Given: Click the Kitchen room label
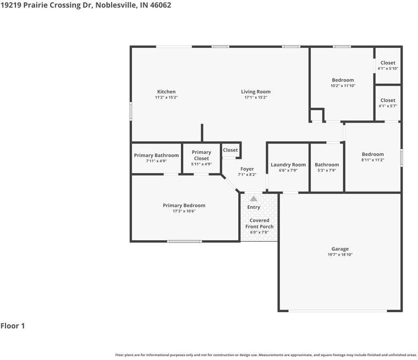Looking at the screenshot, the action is pos(166,92).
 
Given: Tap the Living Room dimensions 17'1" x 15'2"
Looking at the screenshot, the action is pos(256,97).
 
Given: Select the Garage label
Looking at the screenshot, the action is pos(340,249).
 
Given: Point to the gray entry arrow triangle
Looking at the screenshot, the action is pos(254,198).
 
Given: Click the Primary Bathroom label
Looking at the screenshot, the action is pos(156,156).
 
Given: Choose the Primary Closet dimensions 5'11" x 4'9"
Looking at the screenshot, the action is pos(201,164).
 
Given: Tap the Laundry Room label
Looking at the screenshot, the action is pos(288,165).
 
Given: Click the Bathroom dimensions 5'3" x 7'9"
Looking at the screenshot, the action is pos(327,170).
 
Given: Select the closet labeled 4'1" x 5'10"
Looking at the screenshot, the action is pos(388,63).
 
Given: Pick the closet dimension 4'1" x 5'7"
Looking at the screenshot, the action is pos(388,106).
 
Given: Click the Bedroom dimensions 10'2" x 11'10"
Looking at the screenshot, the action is pos(343,86).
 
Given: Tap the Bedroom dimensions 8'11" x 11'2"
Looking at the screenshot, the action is pos(373,160).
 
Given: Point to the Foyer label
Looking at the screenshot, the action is pos(247,169).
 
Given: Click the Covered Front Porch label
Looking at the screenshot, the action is pos(260,223).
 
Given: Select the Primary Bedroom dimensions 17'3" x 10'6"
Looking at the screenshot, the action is pos(184,211).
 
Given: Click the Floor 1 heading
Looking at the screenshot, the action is pos(13,326).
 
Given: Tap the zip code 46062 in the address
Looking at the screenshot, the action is pos(161,5).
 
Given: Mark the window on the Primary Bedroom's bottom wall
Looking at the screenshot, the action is pos(184,241).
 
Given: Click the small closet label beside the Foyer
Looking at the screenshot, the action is pos(230,150).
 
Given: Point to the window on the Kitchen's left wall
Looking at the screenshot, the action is pos(131,111).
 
